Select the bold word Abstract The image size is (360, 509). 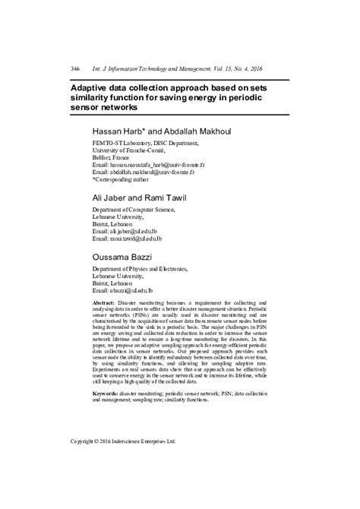(104, 302)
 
